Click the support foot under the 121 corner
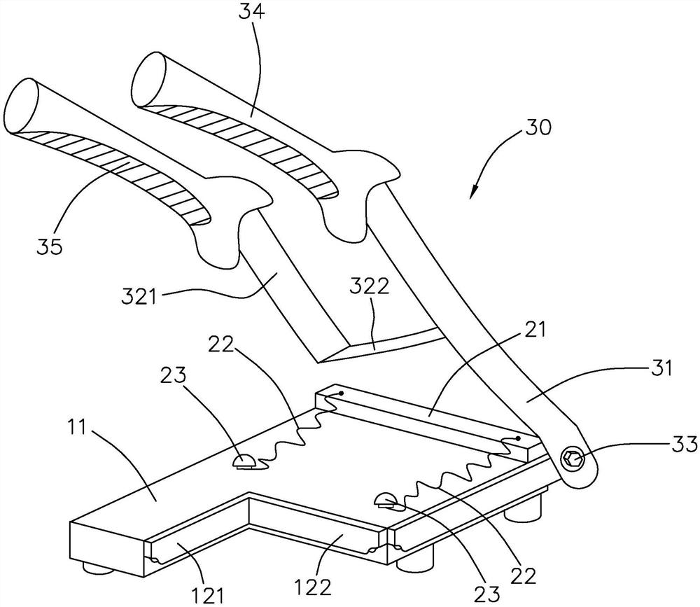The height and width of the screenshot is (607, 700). (98, 568)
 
